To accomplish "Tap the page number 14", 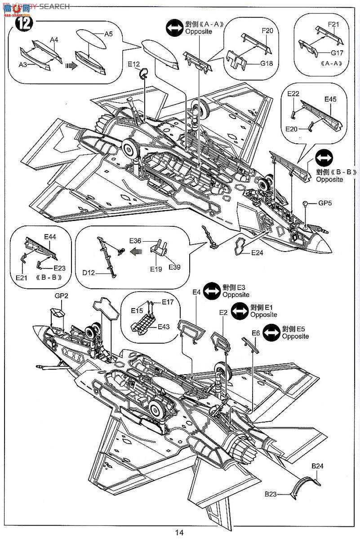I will click(180, 532).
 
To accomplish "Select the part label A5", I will click(109, 34).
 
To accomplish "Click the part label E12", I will click(134, 65).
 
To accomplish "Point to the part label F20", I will click(267, 31).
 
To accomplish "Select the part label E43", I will click(164, 327).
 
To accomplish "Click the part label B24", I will click(317, 466).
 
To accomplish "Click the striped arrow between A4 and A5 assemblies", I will click(69, 65).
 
